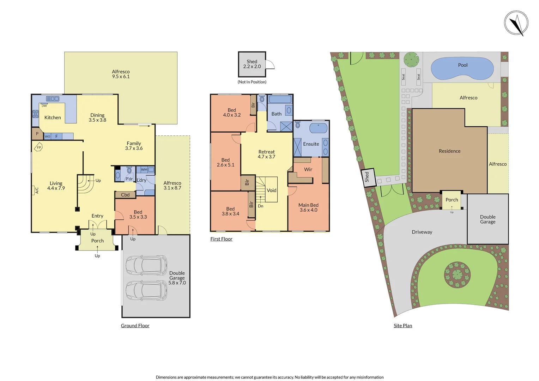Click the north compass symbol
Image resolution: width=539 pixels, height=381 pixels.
pos(516,23)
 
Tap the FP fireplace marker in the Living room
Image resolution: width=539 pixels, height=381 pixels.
pos(39,147)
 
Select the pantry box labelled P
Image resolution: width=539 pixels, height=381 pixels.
pos(37,134)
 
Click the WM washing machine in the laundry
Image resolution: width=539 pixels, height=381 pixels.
pos(144,170)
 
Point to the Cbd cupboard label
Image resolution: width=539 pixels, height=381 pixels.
pos(125,195)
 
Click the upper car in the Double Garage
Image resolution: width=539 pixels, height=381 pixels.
pos(146,265)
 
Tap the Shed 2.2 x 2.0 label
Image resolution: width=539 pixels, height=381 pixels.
pos(252,64)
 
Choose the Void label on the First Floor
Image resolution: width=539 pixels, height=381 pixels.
pos(272,190)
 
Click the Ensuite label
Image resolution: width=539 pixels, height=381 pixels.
pos(311,144)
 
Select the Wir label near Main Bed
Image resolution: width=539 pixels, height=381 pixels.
pos(308,169)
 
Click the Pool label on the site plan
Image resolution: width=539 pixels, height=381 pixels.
pos(462,65)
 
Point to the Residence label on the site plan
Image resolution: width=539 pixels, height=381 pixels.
pos(449,151)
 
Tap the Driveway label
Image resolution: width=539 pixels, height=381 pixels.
pos(422,232)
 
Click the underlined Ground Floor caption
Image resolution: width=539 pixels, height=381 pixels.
pos(135,326)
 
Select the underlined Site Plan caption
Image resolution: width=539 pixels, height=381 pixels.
pos(403,326)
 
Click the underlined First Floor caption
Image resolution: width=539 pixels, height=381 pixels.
pos(221,239)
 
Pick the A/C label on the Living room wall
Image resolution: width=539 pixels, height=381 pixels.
pos(37,190)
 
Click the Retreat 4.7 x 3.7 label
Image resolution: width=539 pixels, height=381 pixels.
pos(266,154)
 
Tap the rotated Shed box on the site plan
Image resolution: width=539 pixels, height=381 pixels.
pos(367,177)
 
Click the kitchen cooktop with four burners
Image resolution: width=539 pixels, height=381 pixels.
pos(36,114)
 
